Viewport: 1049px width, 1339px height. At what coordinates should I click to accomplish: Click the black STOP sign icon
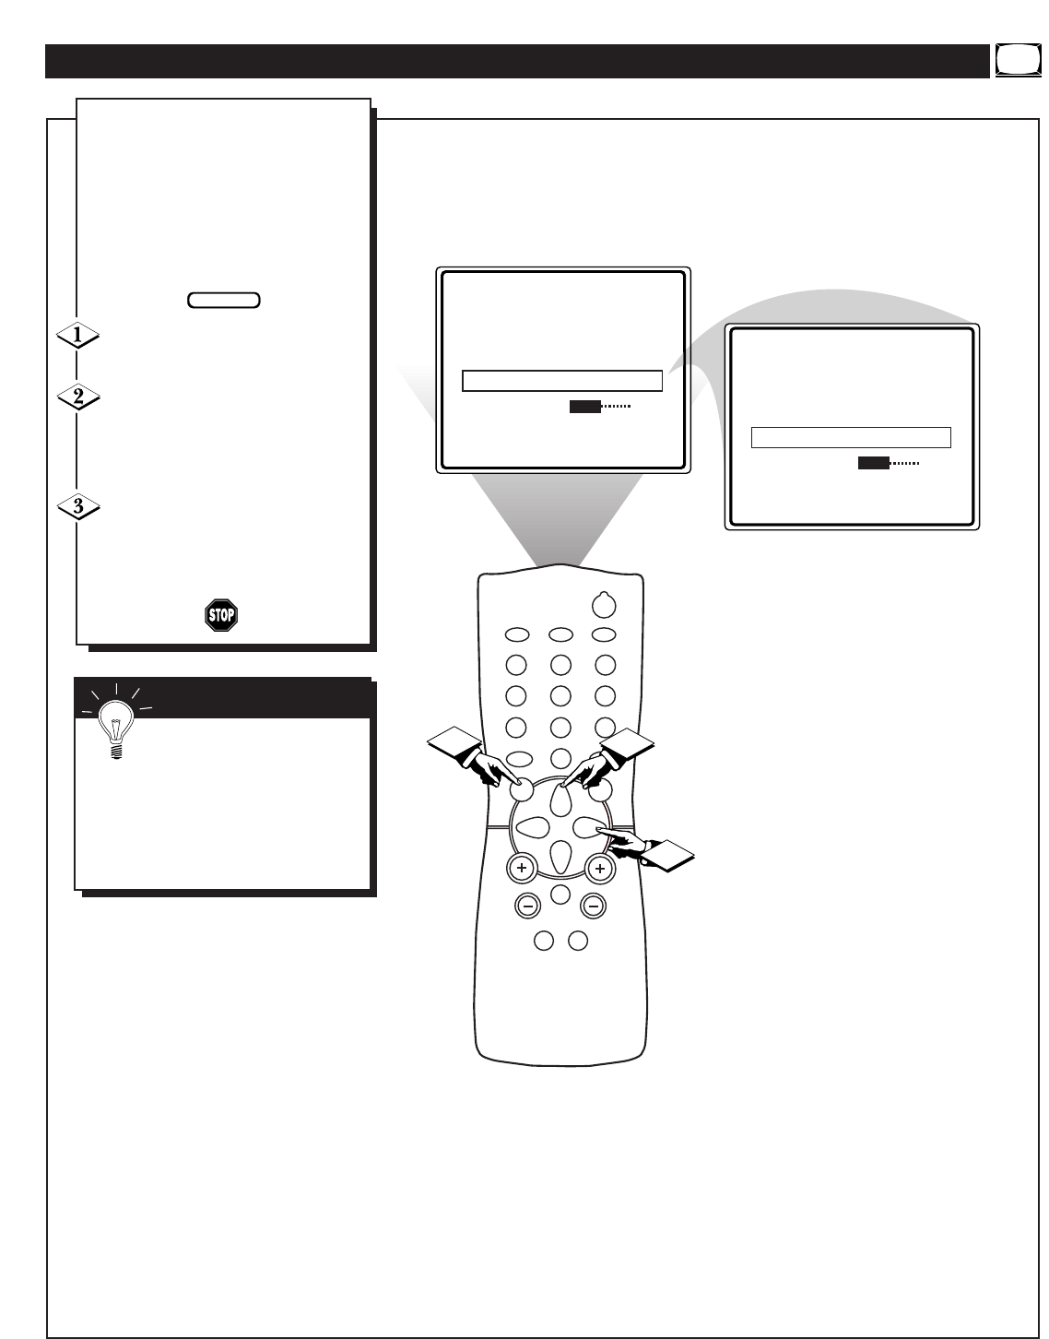(221, 614)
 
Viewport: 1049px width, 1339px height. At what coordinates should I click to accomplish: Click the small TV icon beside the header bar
(1010, 61)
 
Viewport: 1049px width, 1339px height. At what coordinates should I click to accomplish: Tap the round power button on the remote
(603, 604)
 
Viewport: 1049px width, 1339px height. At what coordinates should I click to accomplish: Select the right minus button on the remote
(594, 906)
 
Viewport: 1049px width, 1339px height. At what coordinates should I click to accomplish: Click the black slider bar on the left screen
(584, 406)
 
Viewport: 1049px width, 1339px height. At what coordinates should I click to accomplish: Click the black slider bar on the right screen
(873, 463)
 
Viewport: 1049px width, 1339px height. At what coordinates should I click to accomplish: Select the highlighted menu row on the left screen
(562, 381)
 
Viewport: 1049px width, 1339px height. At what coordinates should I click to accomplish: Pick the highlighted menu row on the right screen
(851, 437)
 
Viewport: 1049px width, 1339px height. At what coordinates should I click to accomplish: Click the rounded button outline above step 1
(223, 300)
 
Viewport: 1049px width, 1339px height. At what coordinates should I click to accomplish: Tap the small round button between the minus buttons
(559, 893)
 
